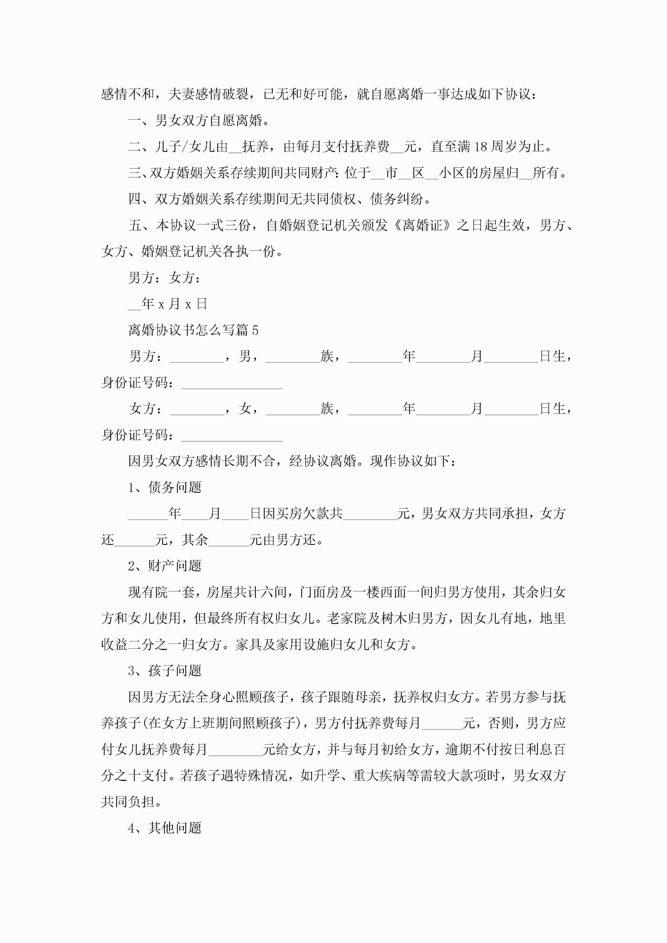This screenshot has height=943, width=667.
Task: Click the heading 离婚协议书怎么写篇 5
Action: [193, 330]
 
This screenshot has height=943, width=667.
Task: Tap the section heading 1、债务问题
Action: [165, 487]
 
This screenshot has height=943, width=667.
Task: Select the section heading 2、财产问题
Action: [165, 566]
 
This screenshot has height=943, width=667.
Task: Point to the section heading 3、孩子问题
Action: [165, 671]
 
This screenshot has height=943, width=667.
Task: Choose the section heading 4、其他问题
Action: [165, 828]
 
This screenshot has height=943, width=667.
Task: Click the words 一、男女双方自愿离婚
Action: [199, 120]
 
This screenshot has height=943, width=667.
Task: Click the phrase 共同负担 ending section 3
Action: [128, 802]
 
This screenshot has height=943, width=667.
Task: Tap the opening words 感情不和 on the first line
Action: [128, 94]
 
